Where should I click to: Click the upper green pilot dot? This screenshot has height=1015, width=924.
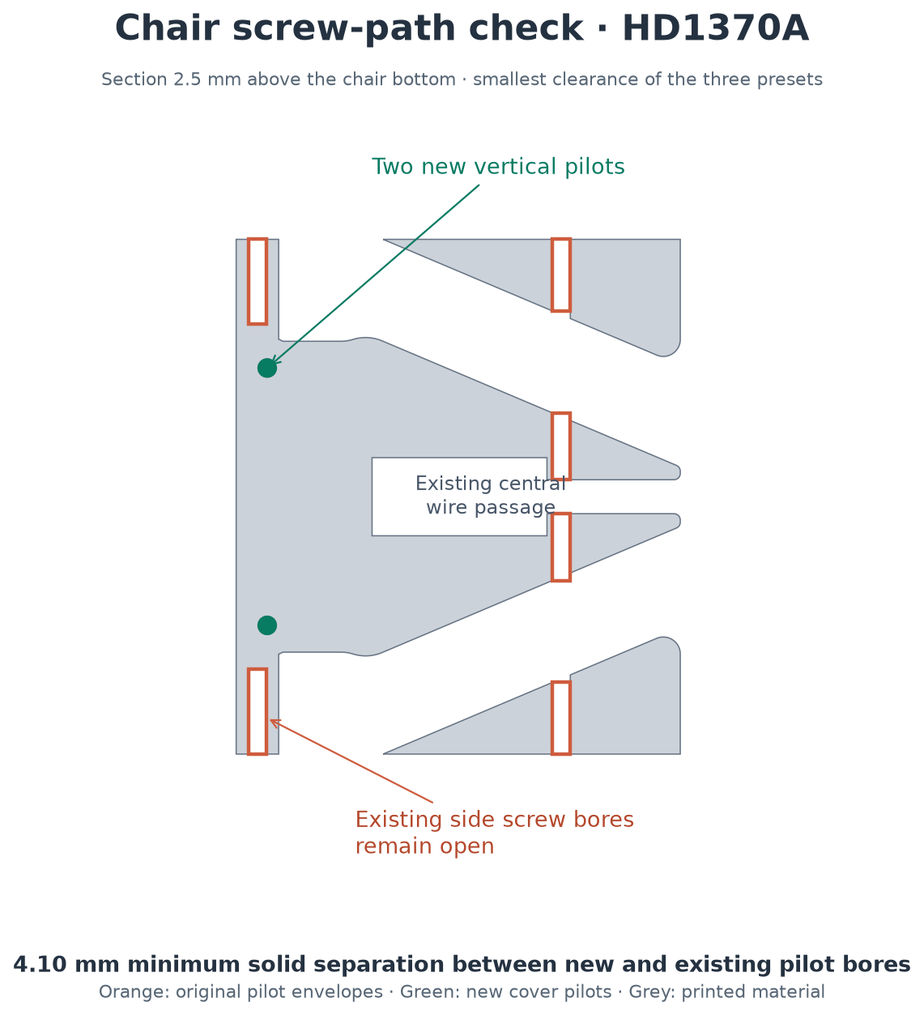[266, 368]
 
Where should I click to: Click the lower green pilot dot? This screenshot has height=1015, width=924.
[266, 625]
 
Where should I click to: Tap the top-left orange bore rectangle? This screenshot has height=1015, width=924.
[257, 281]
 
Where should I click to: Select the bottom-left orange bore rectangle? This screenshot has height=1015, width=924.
[257, 711]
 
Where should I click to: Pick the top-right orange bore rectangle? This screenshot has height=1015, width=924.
[560, 275]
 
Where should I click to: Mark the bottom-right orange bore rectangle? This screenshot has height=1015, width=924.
[560, 718]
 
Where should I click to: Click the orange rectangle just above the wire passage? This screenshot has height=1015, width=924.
[560, 446]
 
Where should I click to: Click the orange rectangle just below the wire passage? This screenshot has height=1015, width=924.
[560, 547]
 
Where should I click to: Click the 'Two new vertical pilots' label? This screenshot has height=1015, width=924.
[498, 167]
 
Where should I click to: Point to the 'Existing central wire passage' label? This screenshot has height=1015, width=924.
[490, 496]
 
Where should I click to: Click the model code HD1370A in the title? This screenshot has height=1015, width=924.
[715, 28]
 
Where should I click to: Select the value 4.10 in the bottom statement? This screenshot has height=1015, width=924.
[40, 965]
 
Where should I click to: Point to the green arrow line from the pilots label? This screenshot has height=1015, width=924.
[375, 274]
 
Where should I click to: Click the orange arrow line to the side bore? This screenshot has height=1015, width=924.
[351, 761]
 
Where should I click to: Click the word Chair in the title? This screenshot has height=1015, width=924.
[167, 28]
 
